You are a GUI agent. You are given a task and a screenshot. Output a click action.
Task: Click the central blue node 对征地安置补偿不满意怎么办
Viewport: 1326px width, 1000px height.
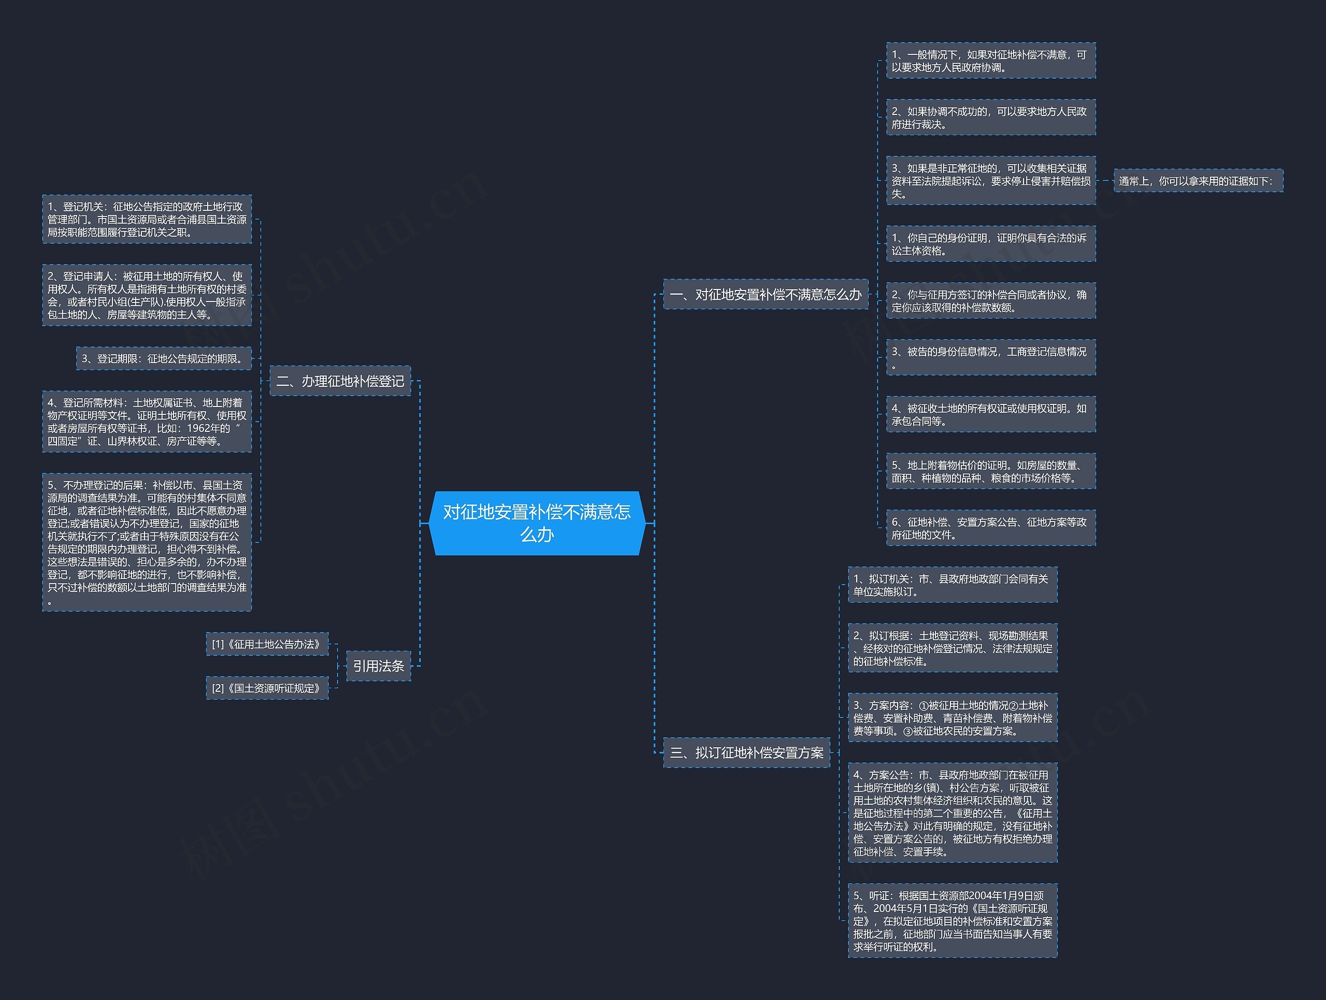pyautogui.click(x=537, y=523)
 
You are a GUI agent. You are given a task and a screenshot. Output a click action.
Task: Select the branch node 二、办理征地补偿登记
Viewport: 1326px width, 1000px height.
pyautogui.click(x=340, y=381)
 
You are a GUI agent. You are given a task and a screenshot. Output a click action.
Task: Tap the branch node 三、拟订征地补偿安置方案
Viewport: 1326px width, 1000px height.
pyautogui.click(x=746, y=752)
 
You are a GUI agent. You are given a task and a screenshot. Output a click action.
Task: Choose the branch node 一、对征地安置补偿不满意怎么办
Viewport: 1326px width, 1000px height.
pyautogui.click(x=766, y=294)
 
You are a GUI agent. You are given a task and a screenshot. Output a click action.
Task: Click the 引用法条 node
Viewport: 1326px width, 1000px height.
pyautogui.click(x=378, y=665)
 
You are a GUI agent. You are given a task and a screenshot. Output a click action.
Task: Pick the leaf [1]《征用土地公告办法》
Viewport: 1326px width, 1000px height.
pyautogui.click(x=267, y=644)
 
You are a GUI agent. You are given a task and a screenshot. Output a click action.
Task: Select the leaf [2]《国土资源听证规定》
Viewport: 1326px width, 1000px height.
pyautogui.click(x=267, y=688)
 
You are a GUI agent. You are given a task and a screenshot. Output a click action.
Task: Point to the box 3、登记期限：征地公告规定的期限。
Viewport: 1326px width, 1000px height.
pyautogui.click(x=164, y=358)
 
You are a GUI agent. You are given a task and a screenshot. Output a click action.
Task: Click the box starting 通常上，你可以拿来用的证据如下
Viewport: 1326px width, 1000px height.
pyautogui.click(x=1198, y=181)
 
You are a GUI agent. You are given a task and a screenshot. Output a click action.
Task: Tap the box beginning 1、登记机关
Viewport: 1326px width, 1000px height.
pyautogui.click(x=147, y=219)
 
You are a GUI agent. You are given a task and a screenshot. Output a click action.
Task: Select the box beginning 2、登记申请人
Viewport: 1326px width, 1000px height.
pyautogui.click(x=147, y=295)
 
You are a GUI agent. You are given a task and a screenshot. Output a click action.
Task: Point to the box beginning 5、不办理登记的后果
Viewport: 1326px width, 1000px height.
pyautogui.click(x=147, y=542)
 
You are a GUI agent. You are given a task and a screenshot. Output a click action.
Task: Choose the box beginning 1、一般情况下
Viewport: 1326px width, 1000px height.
pyautogui.click(x=991, y=61)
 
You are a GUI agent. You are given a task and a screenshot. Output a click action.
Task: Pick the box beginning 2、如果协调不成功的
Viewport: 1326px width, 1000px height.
pyautogui.click(x=991, y=118)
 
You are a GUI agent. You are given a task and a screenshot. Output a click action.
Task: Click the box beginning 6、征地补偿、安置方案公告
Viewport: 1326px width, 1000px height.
pyautogui.click(x=991, y=528)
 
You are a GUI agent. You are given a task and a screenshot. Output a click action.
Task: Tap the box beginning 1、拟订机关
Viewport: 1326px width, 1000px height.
pyautogui.click(x=953, y=585)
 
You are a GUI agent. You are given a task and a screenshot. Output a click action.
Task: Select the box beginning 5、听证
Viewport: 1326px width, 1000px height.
pyautogui.click(x=953, y=920)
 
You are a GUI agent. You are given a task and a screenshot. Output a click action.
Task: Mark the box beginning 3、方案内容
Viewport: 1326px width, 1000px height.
pyautogui.click(x=953, y=718)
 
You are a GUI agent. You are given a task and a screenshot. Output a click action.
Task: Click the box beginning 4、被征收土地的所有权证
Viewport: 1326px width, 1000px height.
pyautogui.click(x=991, y=414)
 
